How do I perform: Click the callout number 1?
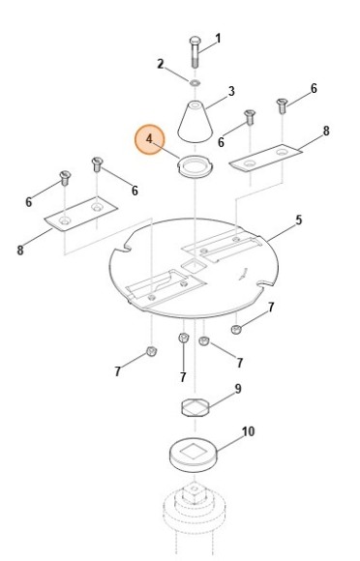[x=218, y=39]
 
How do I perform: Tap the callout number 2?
[x=161, y=64]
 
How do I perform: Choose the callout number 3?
[x=231, y=92]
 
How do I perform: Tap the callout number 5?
[x=298, y=221]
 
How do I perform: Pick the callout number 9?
[x=238, y=389]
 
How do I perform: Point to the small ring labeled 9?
[x=196, y=404]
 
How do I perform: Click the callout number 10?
[x=249, y=431]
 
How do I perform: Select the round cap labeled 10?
[x=195, y=455]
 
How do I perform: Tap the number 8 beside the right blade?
[x=325, y=131]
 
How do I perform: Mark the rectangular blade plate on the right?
[x=266, y=157]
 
